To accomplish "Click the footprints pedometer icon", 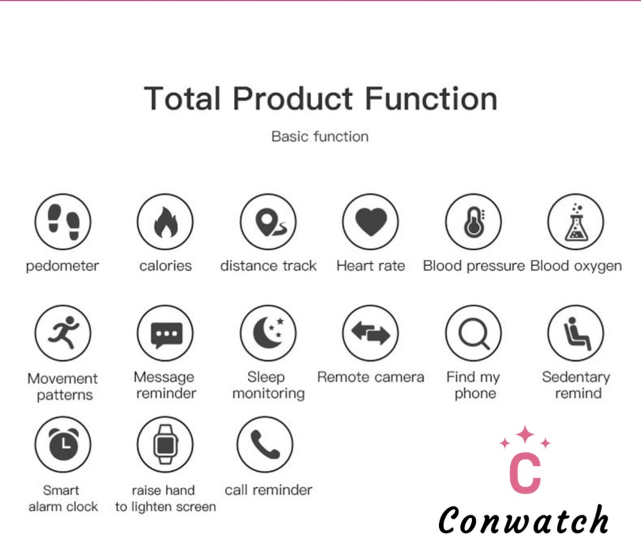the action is click(x=63, y=222).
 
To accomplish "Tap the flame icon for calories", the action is click(x=165, y=222).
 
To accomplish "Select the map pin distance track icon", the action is click(x=268, y=222).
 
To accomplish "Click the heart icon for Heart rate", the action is click(x=371, y=222).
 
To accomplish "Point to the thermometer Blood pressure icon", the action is click(x=474, y=222).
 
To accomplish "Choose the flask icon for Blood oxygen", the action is click(x=576, y=222).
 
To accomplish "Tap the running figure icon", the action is click(x=63, y=333).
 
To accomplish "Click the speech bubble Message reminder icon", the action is click(x=165, y=333).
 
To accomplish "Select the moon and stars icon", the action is click(x=268, y=333).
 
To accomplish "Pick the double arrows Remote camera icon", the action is click(x=371, y=333).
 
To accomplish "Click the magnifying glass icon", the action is click(x=474, y=333).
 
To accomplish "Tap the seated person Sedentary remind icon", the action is click(x=576, y=333).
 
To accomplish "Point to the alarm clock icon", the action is click(x=63, y=444).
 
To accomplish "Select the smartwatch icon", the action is click(x=165, y=444).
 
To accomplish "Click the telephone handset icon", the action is click(x=265, y=444).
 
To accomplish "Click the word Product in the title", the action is click(x=293, y=99).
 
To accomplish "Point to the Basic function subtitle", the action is click(x=320, y=137).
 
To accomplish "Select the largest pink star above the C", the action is click(x=525, y=435).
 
